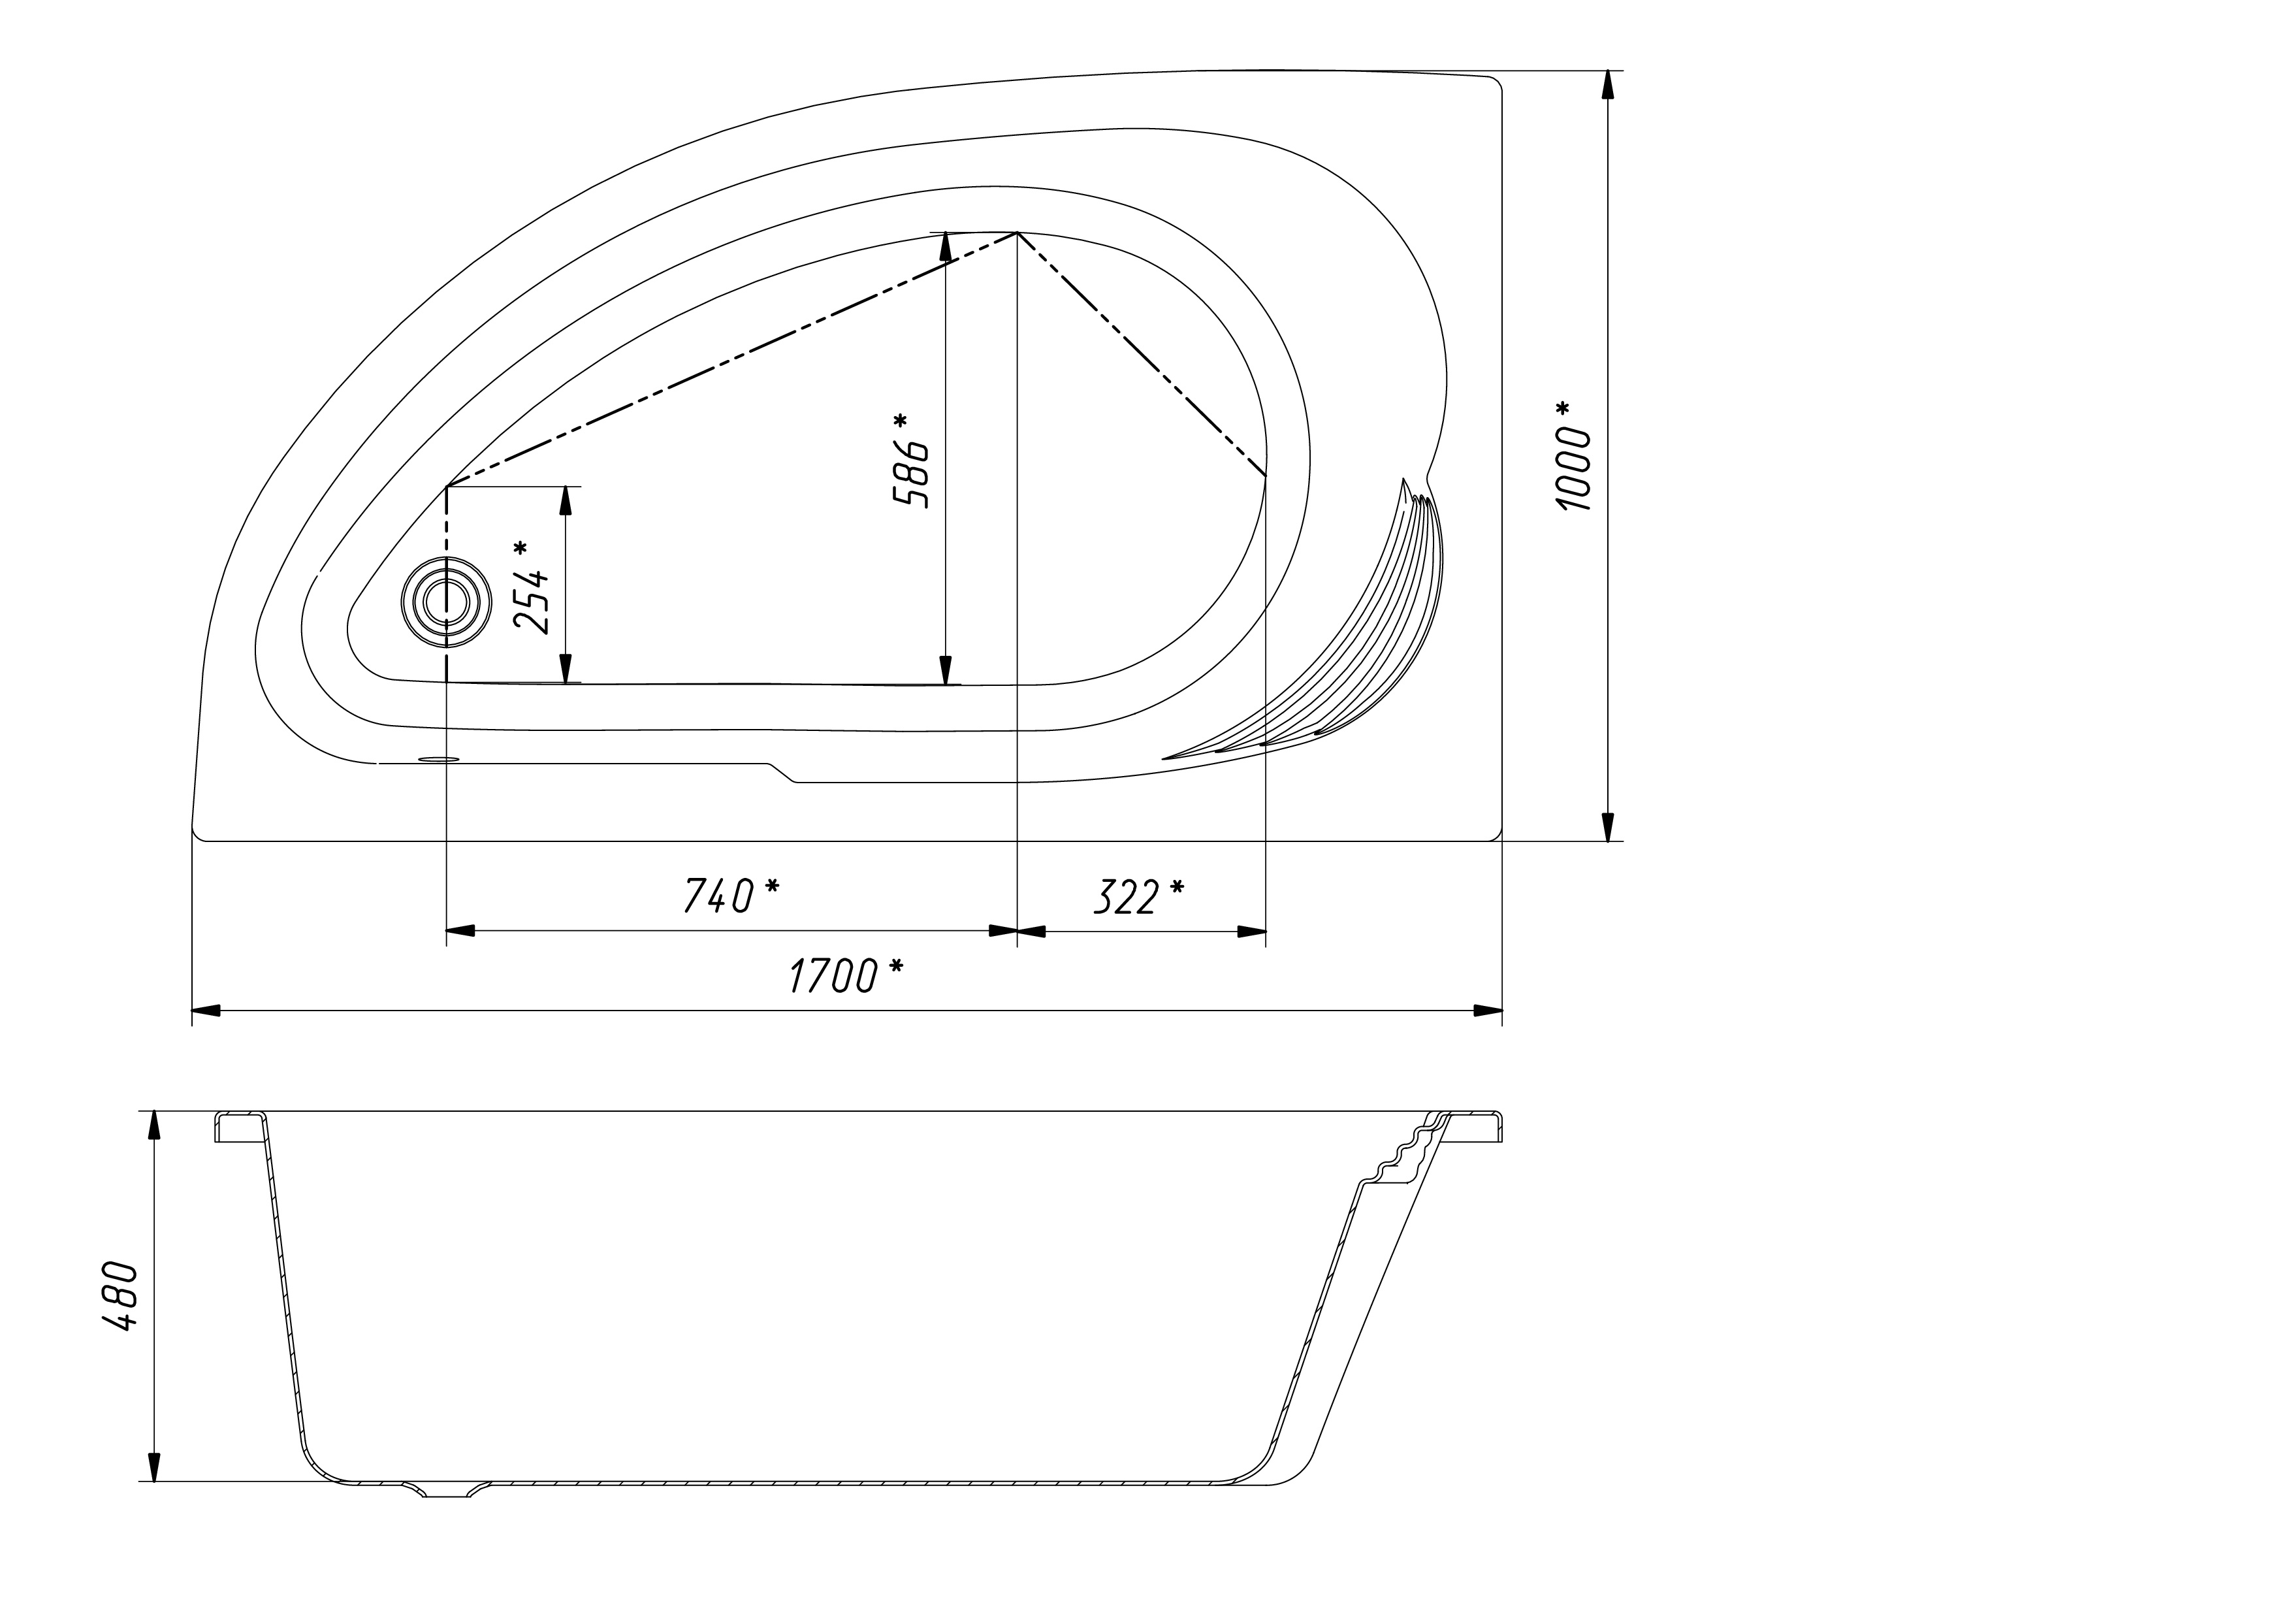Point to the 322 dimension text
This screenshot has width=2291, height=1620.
tap(1125, 896)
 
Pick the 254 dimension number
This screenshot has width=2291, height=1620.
tap(532, 600)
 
